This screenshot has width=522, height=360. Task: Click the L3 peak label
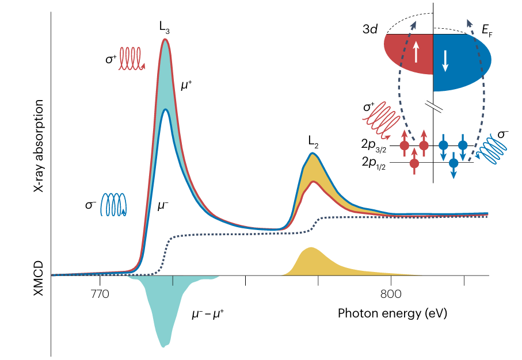[165, 26]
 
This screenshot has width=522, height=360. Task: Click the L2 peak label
[313, 140]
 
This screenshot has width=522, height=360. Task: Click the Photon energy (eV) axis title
[392, 313]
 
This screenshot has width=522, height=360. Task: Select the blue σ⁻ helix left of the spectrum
[115, 204]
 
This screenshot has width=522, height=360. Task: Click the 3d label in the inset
[369, 29]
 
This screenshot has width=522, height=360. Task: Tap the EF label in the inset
[488, 29]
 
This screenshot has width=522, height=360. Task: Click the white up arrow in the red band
[416, 52]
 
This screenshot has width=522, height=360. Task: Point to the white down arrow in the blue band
[445, 61]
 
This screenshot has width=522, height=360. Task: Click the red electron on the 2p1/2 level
[414, 163]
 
